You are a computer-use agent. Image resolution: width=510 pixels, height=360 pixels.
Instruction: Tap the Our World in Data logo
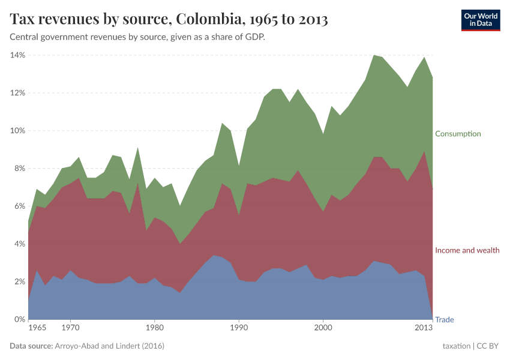coord(481,20)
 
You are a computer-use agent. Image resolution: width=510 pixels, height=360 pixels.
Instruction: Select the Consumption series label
coord(458,134)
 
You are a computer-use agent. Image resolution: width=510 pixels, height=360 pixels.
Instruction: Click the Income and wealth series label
coord(467,250)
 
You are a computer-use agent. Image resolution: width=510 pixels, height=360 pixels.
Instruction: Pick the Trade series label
coord(444,320)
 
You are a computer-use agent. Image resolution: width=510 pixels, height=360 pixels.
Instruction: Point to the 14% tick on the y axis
coord(17,55)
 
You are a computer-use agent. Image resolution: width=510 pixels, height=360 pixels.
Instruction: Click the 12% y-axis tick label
coord(17,93)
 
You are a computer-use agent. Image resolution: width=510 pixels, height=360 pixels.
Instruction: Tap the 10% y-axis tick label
coord(17,131)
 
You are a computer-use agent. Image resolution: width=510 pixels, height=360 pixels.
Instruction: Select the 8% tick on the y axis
coord(19,169)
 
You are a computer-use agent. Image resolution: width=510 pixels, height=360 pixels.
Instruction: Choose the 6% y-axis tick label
coord(19,206)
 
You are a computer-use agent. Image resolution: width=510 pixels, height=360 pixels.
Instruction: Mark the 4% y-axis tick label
coord(19,244)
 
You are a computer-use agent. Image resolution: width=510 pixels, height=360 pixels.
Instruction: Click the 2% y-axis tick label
coord(19,282)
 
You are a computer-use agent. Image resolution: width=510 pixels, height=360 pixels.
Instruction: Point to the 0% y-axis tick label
coord(19,320)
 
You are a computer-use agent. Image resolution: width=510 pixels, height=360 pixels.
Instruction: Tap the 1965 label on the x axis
coord(37,329)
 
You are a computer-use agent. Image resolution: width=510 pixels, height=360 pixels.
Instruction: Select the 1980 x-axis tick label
coord(155,329)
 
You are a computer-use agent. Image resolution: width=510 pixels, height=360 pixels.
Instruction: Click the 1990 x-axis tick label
coord(239,329)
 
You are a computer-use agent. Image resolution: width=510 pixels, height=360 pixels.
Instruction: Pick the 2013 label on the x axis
coord(424,329)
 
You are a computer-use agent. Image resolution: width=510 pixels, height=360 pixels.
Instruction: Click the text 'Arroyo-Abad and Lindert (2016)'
coord(110,346)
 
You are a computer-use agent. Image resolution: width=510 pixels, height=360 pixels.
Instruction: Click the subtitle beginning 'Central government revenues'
coord(137,37)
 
